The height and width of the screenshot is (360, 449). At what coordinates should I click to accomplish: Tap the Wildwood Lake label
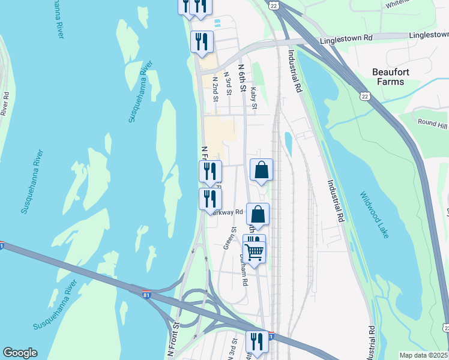[x=375, y=215]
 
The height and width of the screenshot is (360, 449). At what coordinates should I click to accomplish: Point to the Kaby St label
[x=255, y=97]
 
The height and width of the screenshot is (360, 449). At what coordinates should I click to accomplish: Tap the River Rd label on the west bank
[x=5, y=103]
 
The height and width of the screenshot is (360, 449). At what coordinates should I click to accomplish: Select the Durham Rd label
[x=243, y=269]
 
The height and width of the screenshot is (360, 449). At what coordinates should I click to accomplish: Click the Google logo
[x=20, y=353]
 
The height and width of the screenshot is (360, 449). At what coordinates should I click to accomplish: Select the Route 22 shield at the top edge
[x=274, y=5]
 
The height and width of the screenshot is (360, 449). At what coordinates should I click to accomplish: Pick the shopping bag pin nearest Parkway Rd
[x=258, y=214]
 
